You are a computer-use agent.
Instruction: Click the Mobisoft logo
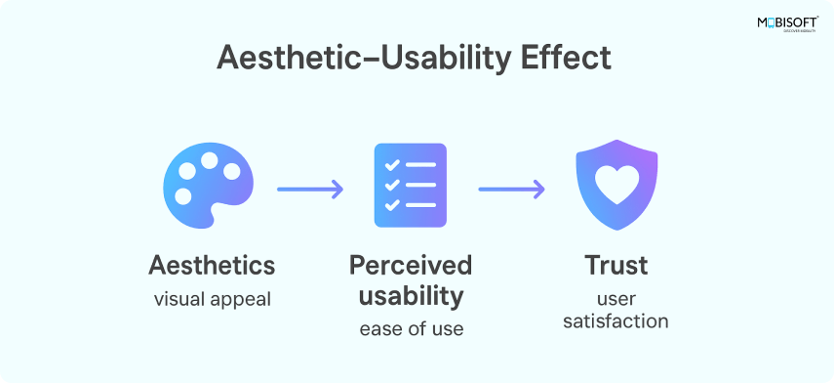point(788,24)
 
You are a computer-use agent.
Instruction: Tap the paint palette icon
point(208,186)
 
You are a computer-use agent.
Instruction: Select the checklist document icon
point(411,186)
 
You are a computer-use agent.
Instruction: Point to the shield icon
point(616,185)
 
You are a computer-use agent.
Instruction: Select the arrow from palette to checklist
point(310,190)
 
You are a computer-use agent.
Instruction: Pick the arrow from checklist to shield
point(512,190)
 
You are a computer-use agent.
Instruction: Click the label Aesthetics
point(212,266)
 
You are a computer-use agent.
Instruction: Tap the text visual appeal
point(213,299)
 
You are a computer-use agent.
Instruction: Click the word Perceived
point(411,266)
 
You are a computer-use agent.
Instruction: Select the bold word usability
point(411,297)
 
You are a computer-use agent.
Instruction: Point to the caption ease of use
point(412,329)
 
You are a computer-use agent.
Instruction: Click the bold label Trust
point(616,266)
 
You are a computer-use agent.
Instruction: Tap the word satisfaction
point(616,321)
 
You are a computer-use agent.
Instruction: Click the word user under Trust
point(616,299)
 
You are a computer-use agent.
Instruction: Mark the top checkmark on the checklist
point(392,164)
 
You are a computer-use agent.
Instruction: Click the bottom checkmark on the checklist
point(392,205)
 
